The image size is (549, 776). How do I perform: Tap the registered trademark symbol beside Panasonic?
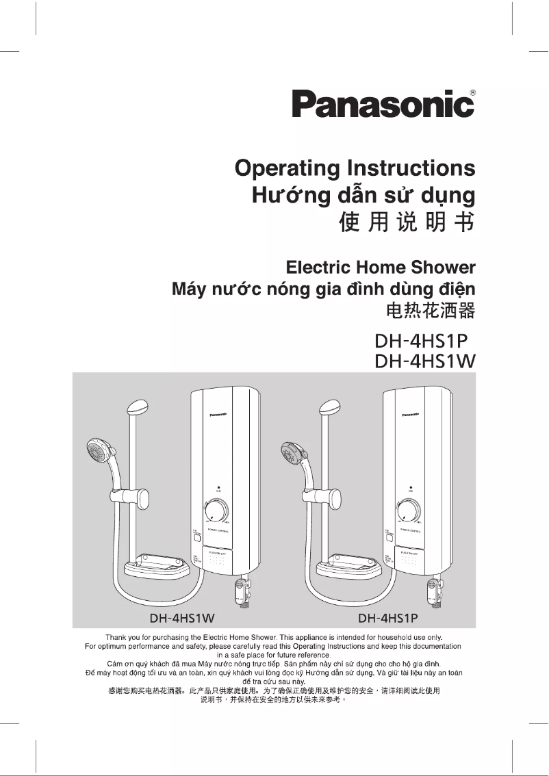tap(474, 92)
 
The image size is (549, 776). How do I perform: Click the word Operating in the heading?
tap(287, 168)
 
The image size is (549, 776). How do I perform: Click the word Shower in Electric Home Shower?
tap(443, 267)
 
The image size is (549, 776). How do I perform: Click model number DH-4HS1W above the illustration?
tap(425, 361)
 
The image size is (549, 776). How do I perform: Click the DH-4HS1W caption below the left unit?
tap(183, 619)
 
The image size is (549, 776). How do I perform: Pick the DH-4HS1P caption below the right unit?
tap(387, 619)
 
